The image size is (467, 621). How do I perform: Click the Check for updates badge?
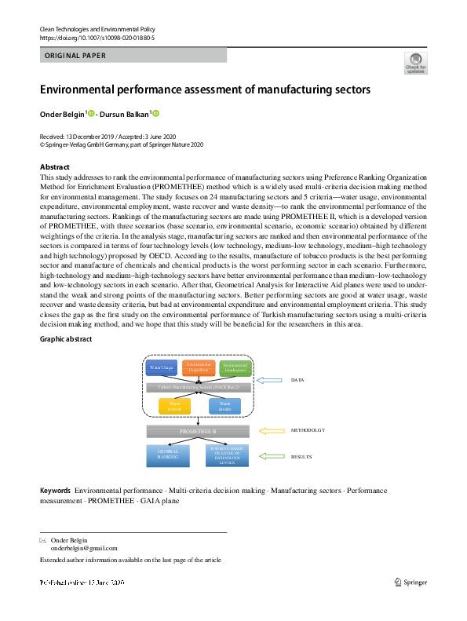click(x=416, y=64)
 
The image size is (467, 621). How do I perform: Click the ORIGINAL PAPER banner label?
click(x=75, y=56)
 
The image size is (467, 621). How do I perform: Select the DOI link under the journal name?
click(x=97, y=38)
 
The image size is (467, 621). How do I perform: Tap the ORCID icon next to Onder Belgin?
click(x=91, y=115)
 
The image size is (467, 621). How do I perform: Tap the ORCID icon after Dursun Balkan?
click(x=155, y=115)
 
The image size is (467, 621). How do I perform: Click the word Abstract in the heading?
click(x=55, y=167)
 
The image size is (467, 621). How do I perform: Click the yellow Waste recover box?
click(x=174, y=405)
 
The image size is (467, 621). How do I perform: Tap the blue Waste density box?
click(x=224, y=405)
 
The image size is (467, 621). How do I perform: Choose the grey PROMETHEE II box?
click(x=199, y=431)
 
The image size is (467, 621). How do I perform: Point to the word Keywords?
click(x=56, y=491)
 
